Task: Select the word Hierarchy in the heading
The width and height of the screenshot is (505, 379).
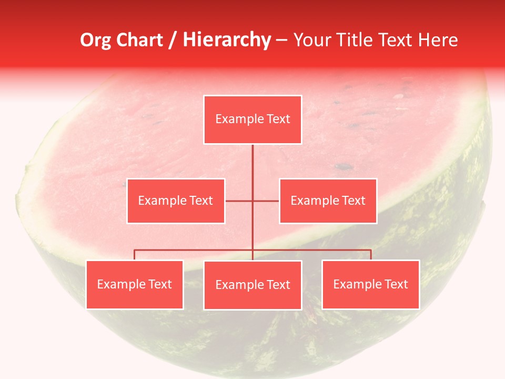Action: click(x=227, y=41)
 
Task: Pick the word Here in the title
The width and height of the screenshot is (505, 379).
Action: click(x=438, y=41)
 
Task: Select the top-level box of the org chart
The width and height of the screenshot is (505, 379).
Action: click(x=252, y=119)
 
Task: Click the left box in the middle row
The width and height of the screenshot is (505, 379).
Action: click(x=176, y=201)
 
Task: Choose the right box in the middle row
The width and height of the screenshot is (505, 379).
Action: click(x=328, y=201)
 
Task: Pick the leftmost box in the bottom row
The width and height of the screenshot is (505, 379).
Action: click(x=134, y=285)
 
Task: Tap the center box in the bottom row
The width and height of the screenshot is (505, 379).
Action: click(x=252, y=285)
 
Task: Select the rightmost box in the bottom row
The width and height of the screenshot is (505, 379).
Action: click(x=370, y=285)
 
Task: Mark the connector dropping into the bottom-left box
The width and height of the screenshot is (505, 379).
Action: click(x=134, y=255)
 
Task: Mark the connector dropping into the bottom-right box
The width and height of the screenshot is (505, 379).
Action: click(x=371, y=255)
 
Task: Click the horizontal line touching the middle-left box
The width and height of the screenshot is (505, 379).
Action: click(x=238, y=201)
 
